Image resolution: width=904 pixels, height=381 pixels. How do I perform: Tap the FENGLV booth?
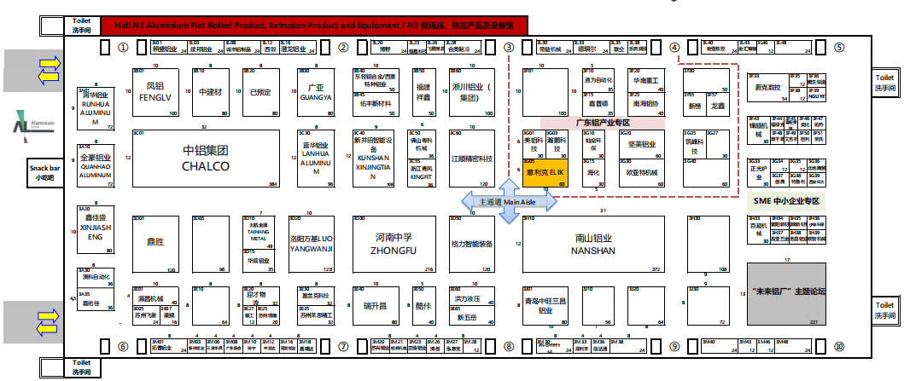click(x=155, y=91)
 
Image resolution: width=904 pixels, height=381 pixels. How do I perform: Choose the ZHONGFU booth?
click(x=394, y=245)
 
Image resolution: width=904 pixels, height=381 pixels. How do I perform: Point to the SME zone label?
click(x=786, y=201)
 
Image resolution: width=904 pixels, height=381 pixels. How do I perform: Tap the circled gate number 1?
click(x=123, y=48)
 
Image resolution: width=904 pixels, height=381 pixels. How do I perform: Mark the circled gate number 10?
click(x=839, y=347)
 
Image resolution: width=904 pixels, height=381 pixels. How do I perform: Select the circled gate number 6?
click(x=123, y=347)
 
